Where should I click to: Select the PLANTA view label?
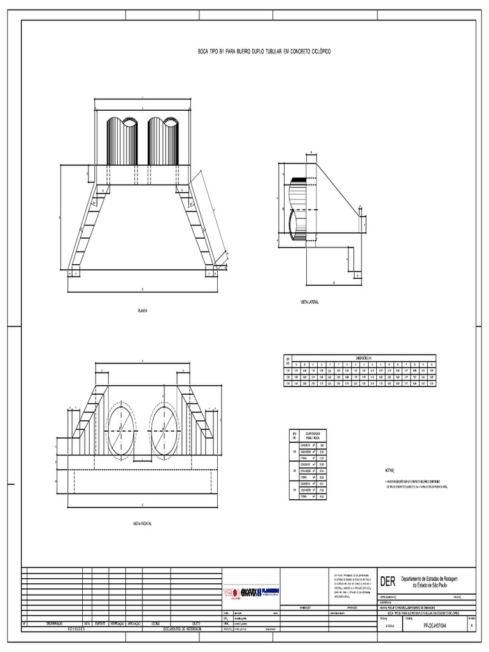point(142,311)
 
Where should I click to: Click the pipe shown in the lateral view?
point(300,208)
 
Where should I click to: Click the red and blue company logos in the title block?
point(253,592)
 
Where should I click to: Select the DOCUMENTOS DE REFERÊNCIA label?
point(181,628)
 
